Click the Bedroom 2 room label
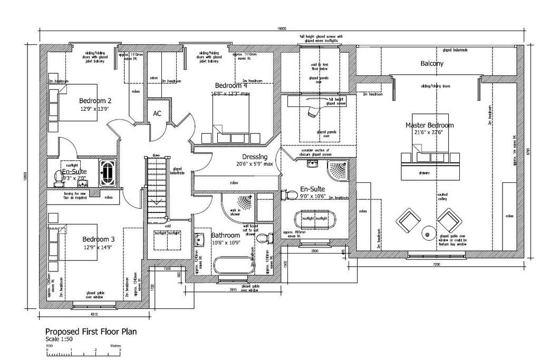95,101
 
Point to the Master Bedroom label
429,125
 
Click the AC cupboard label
157,113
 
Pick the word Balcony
432,63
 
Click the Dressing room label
255,157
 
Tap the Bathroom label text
226,235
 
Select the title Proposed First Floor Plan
91,332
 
